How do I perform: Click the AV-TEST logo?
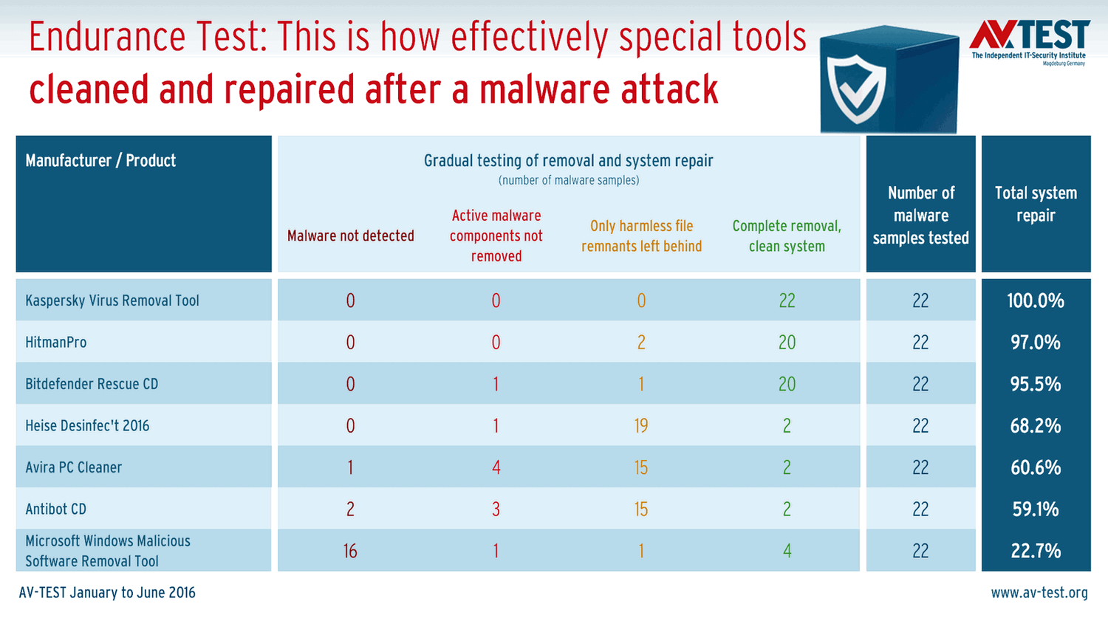(x=1030, y=43)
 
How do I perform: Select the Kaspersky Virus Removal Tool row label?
(x=112, y=301)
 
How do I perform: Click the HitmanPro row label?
(x=56, y=342)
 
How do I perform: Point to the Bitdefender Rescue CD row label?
(x=92, y=384)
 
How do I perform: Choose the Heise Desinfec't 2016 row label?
(x=87, y=426)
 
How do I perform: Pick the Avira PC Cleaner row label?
(x=73, y=467)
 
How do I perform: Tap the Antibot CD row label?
(x=55, y=509)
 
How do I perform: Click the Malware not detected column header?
(x=351, y=236)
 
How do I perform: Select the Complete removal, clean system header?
(x=787, y=236)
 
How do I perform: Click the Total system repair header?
(x=1036, y=204)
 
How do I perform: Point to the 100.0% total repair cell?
(x=1036, y=301)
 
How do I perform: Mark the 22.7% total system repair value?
(x=1036, y=551)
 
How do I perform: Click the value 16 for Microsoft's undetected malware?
(x=350, y=551)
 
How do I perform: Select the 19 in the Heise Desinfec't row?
(x=641, y=426)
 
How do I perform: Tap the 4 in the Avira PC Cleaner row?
(x=496, y=467)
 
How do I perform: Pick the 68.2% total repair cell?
(x=1036, y=426)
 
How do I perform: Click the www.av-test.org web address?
(x=1039, y=592)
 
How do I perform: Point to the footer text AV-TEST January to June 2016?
(x=107, y=592)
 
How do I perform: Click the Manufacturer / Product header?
(x=100, y=160)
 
